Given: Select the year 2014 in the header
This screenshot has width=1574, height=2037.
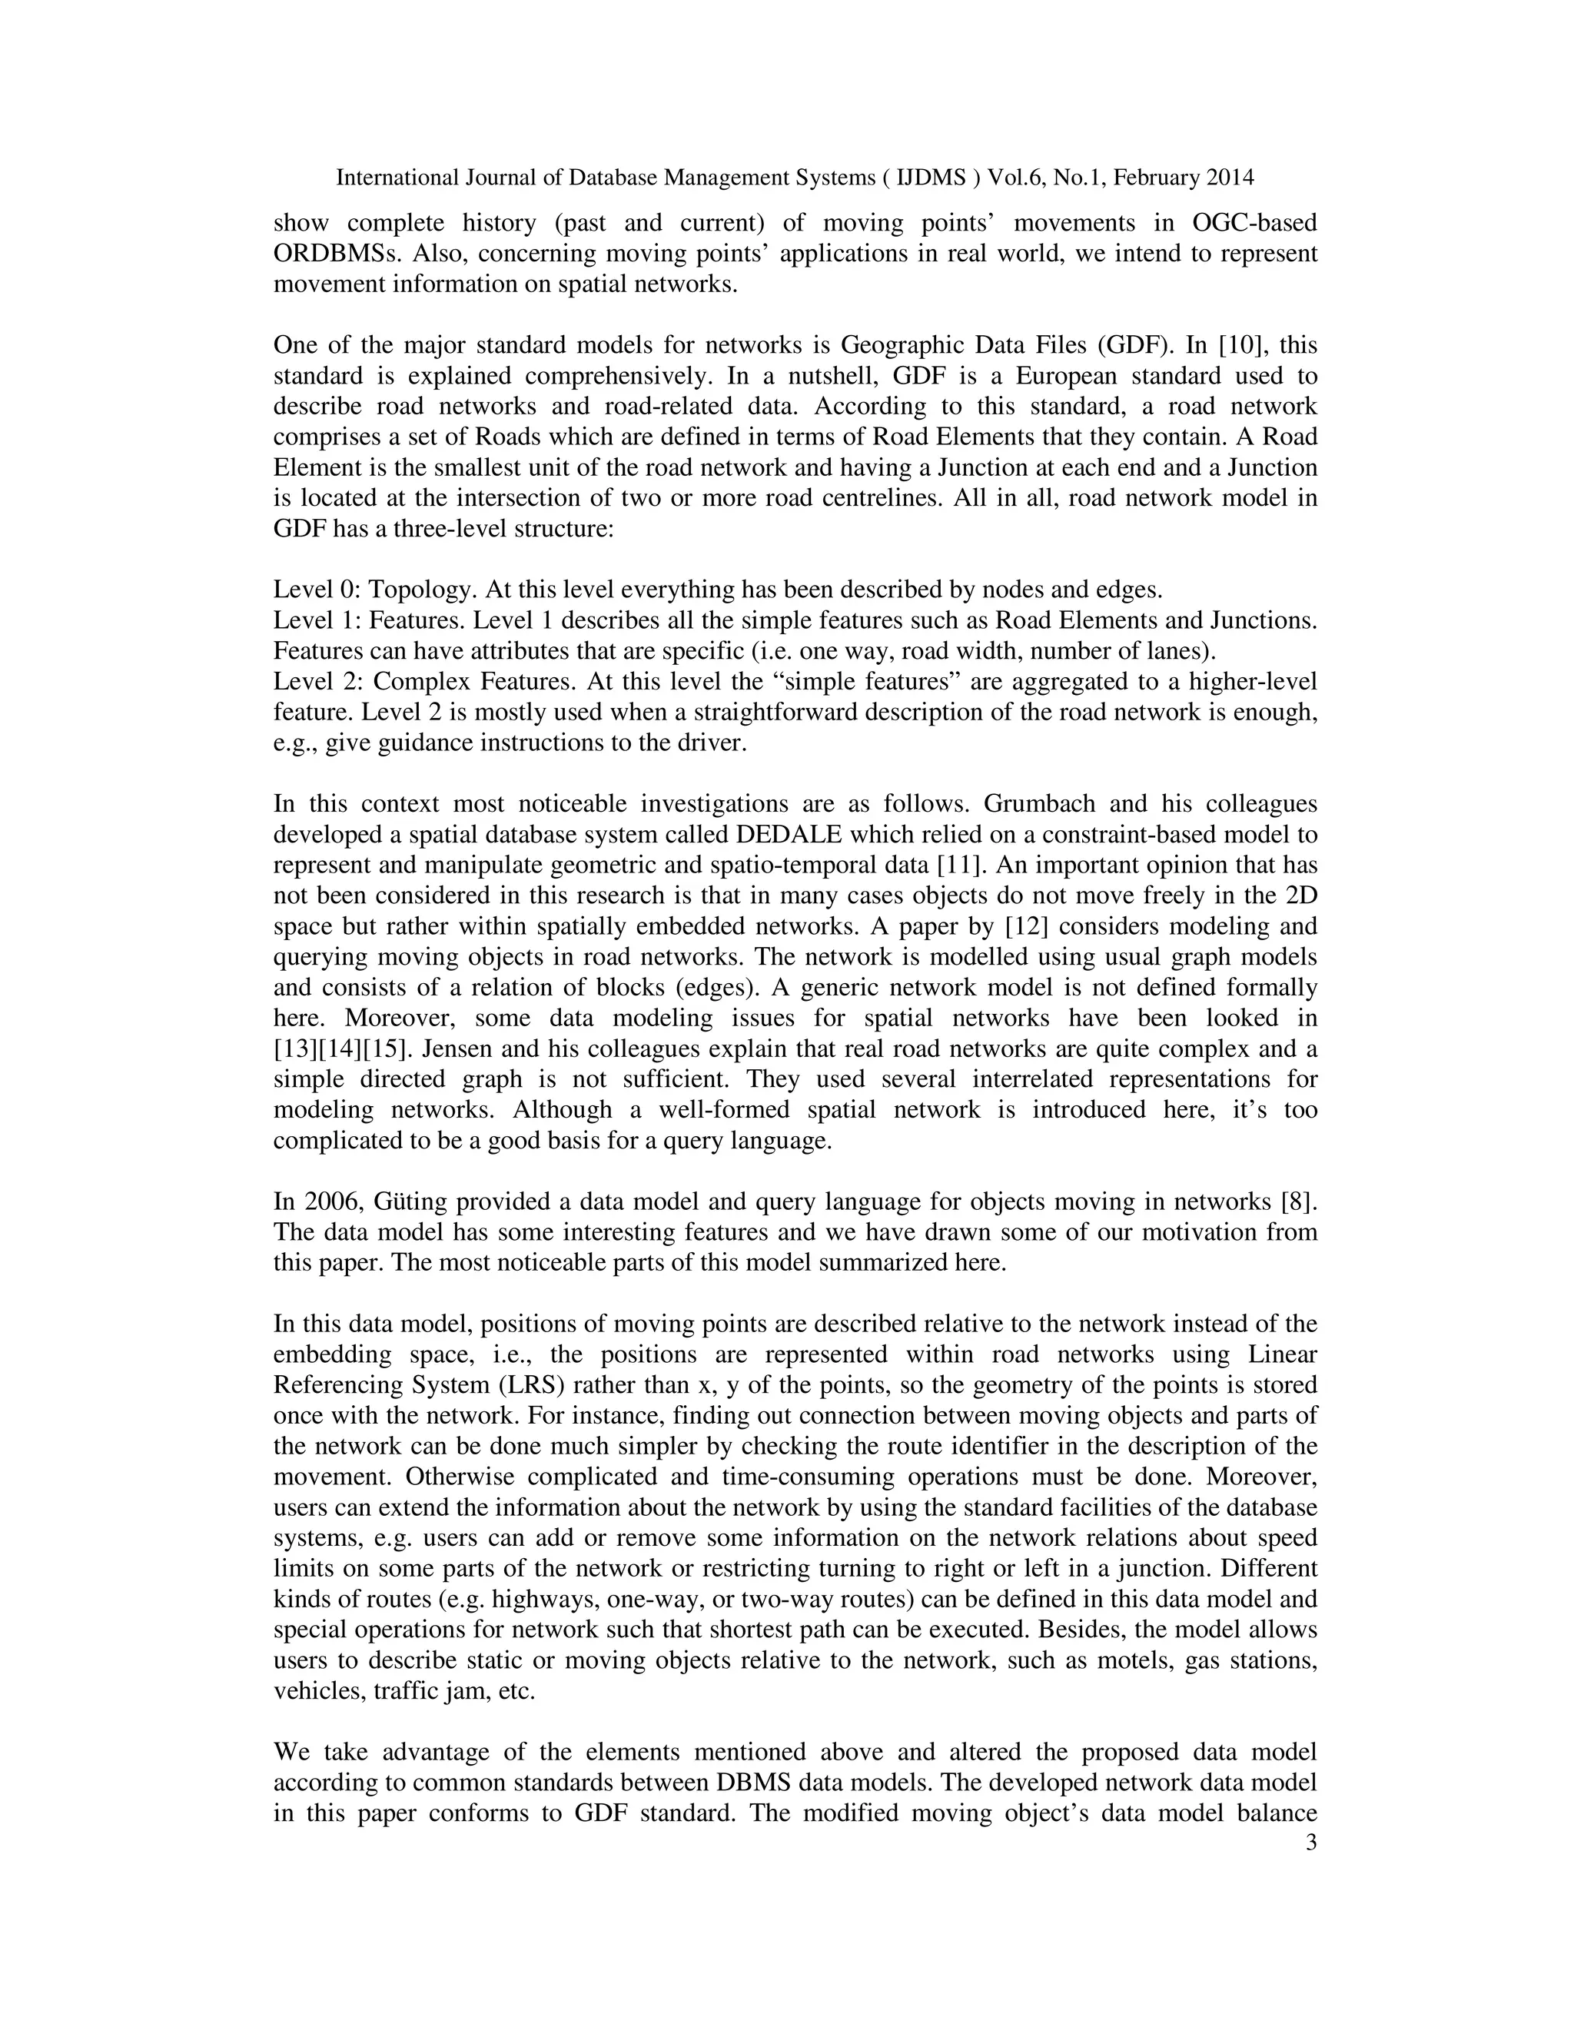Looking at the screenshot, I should point(1229,178).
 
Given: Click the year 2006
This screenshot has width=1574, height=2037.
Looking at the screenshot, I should point(324,1202).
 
